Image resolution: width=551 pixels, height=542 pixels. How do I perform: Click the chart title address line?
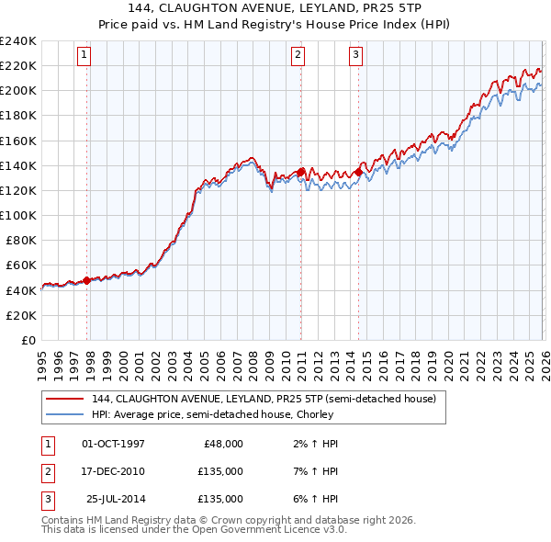[275, 9]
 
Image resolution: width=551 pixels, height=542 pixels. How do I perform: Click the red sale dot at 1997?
[87, 280]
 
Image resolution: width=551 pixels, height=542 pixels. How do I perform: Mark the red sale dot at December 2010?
[301, 172]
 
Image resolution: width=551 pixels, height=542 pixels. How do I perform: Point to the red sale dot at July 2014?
[359, 172]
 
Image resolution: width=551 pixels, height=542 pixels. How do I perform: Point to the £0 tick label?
[28, 340]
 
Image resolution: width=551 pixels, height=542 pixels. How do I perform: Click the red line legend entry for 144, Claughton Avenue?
[269, 399]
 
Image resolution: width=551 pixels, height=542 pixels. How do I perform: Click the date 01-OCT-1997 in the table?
[113, 444]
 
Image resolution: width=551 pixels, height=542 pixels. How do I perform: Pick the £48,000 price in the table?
[220, 444]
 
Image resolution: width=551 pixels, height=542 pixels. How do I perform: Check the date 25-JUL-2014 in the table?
[115, 499]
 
